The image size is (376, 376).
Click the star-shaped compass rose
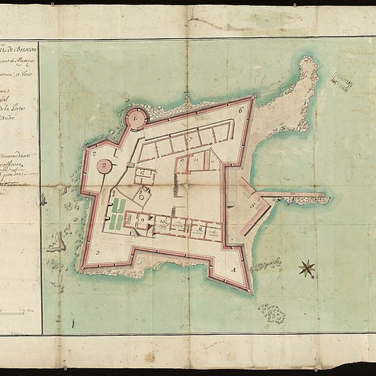click(x=307, y=268)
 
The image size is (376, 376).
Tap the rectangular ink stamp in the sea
click(x=342, y=81)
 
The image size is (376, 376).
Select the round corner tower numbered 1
click(x=136, y=118)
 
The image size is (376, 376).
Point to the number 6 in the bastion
click(x=241, y=110)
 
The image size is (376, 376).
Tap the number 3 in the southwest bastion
click(x=98, y=252)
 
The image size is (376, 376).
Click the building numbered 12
click(x=144, y=175)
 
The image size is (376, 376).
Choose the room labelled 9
click(x=142, y=220)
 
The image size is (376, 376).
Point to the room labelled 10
click(x=162, y=221)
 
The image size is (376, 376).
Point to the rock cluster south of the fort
click(x=272, y=313)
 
